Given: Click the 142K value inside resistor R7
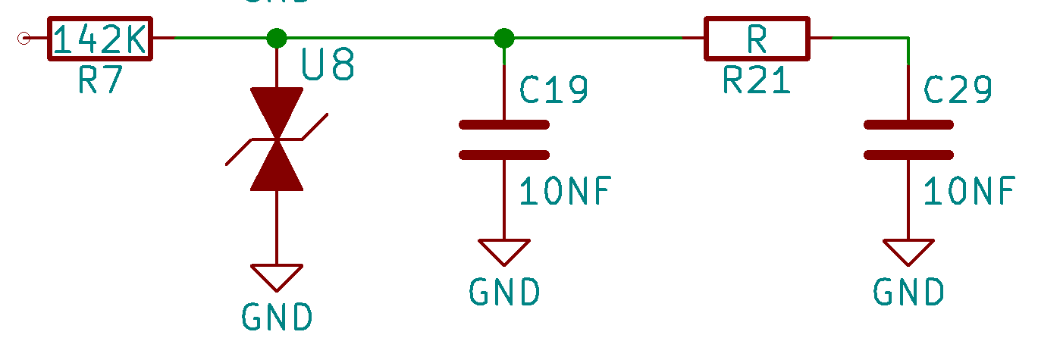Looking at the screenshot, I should [101, 39].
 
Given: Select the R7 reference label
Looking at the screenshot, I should [100, 80].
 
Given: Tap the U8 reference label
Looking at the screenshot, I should [328, 66].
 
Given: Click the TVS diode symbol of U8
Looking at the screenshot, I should [277, 139].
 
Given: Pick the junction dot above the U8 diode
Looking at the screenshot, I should [277, 37].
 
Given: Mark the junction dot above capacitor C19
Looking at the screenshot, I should [503, 37].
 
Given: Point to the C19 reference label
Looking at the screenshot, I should [553, 90].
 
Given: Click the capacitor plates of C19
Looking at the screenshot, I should [503, 139].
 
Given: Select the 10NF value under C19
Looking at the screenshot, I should [565, 191].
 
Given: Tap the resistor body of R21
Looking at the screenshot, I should [757, 39].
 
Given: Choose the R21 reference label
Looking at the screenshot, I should [757, 80].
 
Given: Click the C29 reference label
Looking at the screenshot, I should [958, 90].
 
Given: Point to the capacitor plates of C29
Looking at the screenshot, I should [908, 139].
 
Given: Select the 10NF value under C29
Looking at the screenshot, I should [969, 191].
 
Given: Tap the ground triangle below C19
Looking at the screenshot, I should [503, 251].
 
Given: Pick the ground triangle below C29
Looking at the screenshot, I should [908, 251].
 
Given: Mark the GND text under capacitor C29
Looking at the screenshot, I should [908, 292].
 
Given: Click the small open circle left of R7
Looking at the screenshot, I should [24, 37].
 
